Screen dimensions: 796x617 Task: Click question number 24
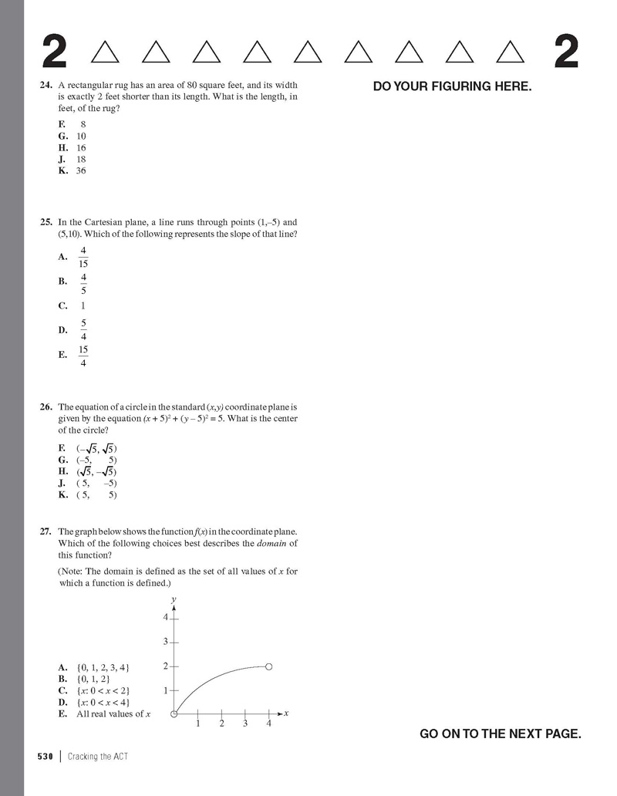[x=46, y=85]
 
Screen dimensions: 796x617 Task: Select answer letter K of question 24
[x=63, y=170]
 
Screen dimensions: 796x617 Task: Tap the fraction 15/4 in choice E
[x=83, y=356]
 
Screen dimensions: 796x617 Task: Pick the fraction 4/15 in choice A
[x=83, y=257]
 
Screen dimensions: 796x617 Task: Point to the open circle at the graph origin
[x=174, y=713]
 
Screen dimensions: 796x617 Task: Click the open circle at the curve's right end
[x=268, y=666]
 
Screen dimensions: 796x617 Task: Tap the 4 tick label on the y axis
[x=165, y=618]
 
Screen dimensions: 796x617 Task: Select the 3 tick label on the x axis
[x=245, y=724]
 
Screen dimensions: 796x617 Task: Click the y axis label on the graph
[x=174, y=599]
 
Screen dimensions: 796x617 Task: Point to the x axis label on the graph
[x=286, y=713]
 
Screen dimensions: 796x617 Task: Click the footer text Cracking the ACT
[x=97, y=757]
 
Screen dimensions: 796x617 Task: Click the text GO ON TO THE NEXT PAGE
[x=500, y=734]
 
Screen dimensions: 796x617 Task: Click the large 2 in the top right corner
[x=566, y=52]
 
